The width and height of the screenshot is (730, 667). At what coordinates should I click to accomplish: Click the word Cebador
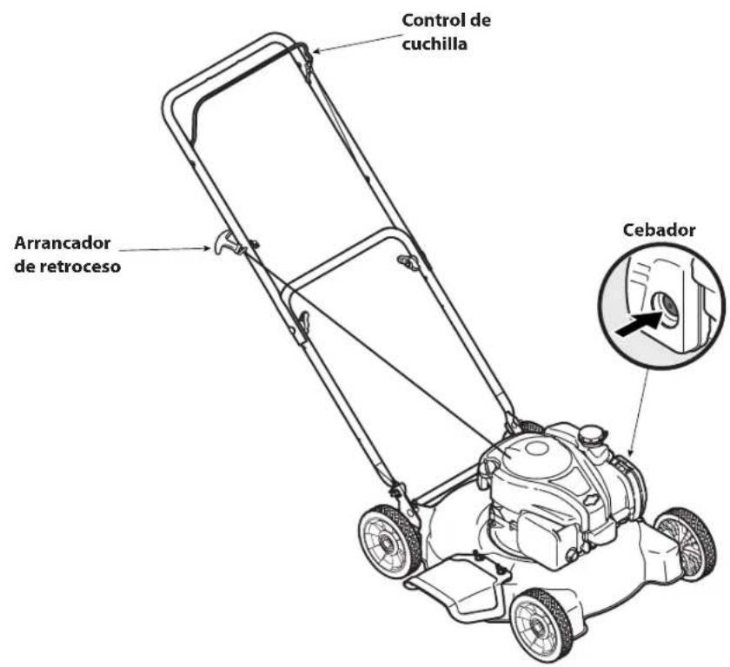pyautogui.click(x=659, y=230)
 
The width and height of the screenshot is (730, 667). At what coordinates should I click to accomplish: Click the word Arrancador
pyautogui.click(x=63, y=243)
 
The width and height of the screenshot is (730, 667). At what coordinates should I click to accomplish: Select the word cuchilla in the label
pyautogui.click(x=435, y=43)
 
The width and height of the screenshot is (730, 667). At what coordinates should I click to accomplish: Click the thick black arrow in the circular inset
pyautogui.click(x=639, y=323)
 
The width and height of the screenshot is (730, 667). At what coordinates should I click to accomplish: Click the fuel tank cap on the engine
pyautogui.click(x=590, y=434)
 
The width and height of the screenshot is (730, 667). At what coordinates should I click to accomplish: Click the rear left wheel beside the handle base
pyautogui.click(x=389, y=541)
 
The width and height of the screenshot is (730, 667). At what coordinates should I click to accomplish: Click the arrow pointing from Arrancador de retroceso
pyautogui.click(x=165, y=250)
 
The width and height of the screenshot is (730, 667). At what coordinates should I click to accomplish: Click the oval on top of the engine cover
pyautogui.click(x=536, y=449)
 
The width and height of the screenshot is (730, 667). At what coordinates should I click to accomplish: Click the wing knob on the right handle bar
pyautogui.click(x=408, y=261)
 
